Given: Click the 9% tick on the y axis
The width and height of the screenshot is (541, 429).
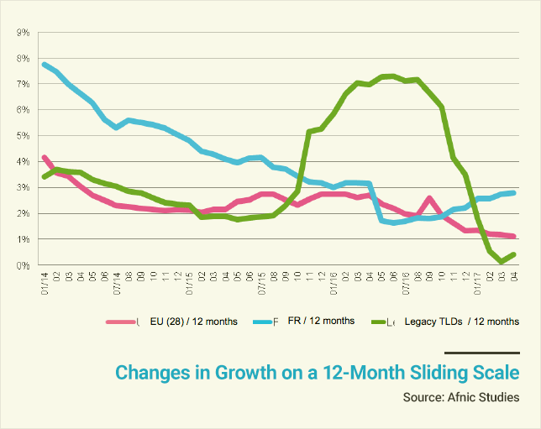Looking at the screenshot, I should (24, 33).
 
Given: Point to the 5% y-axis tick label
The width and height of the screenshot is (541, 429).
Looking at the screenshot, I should (24, 136).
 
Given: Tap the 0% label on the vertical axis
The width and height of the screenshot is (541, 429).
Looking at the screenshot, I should (24, 265).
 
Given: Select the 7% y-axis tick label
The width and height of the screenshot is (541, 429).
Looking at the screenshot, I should (24, 84).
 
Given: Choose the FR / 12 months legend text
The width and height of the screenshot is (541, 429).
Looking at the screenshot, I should (321, 321).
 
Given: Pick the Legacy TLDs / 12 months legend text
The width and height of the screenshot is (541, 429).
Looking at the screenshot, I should (461, 322).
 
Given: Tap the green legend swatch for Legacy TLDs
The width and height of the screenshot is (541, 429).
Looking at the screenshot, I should (383, 322).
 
